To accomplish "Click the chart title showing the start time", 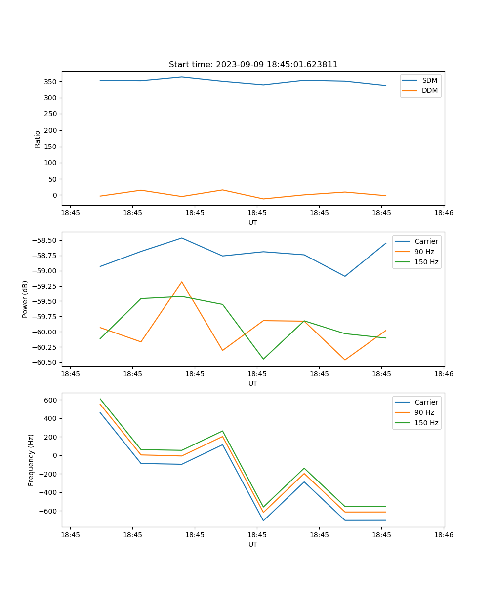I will click(x=253, y=65).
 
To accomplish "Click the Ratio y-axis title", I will click(x=38, y=139).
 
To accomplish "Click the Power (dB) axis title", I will click(x=25, y=299).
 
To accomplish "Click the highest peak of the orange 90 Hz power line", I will click(x=182, y=282).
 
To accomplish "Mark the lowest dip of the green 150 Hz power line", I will click(x=263, y=359).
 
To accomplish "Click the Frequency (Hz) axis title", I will click(x=31, y=460).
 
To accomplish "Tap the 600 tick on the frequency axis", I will click(x=51, y=400).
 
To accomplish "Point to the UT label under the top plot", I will click(x=253, y=222).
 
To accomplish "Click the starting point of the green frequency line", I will click(x=100, y=399).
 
